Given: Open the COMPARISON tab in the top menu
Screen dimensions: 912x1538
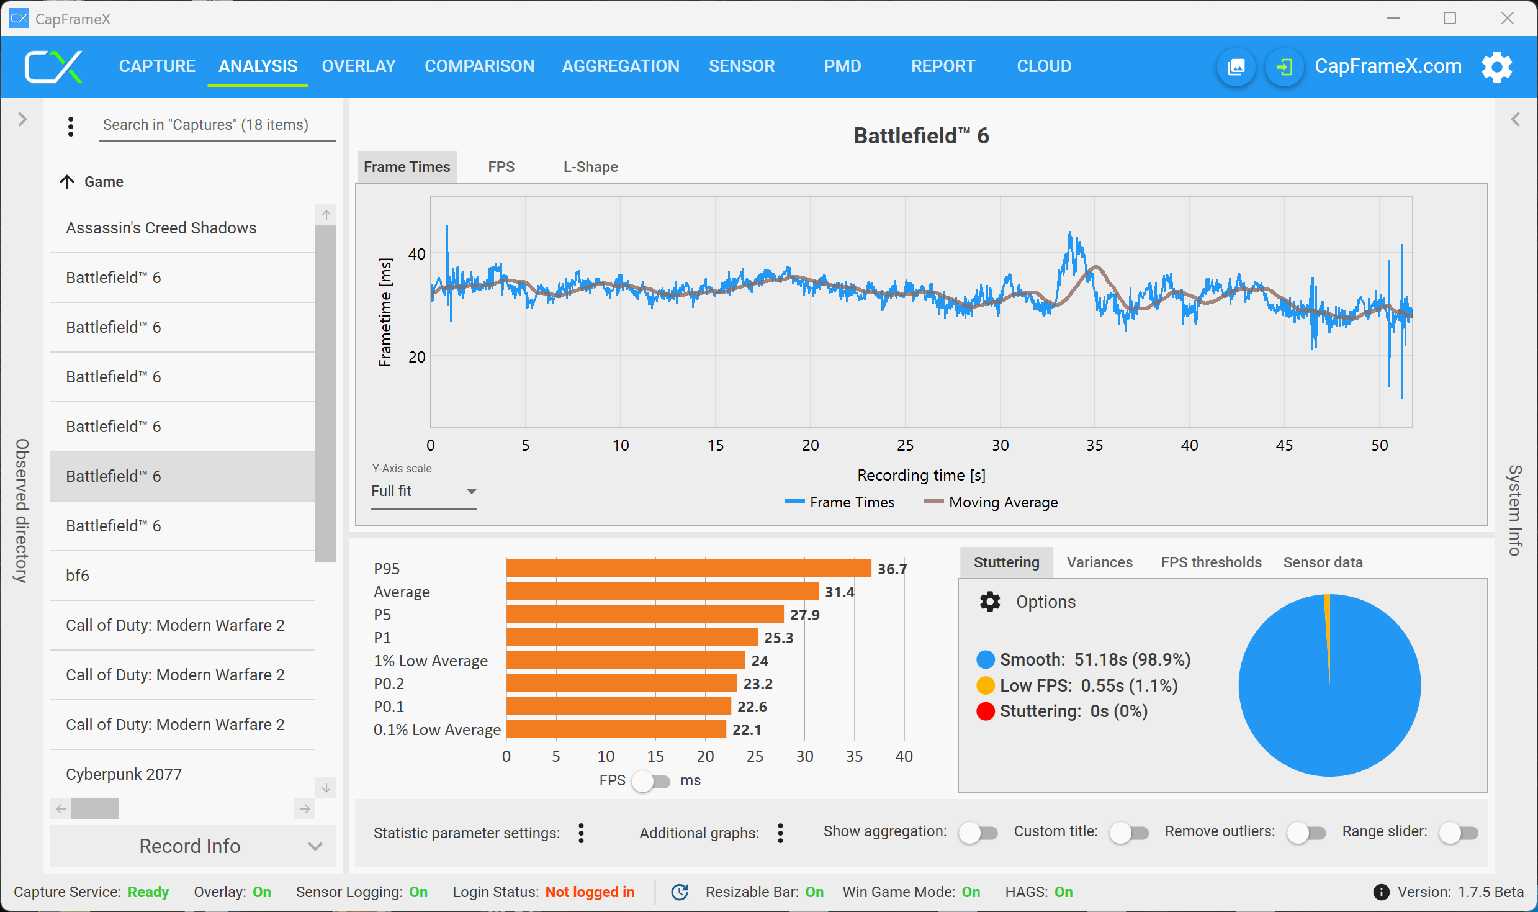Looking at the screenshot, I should click(x=479, y=66).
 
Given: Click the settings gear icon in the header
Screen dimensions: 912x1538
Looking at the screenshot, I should click(x=1496, y=66).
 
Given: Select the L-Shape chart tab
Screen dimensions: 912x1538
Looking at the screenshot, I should click(x=590, y=167).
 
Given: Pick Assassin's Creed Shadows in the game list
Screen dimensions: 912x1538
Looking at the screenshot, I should click(x=161, y=228).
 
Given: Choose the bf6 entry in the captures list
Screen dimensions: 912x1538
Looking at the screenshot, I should click(x=78, y=576).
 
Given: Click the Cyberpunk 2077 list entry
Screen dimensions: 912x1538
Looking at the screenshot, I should click(x=124, y=774).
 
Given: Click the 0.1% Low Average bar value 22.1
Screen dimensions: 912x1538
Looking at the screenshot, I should click(x=746, y=729).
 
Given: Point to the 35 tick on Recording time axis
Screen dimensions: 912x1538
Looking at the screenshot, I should click(x=1094, y=445).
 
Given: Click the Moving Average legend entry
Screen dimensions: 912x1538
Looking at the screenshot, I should click(x=1002, y=502).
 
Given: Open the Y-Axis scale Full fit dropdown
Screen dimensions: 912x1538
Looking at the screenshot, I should click(x=424, y=491).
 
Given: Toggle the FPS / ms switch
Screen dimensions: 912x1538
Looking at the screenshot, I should click(x=651, y=780).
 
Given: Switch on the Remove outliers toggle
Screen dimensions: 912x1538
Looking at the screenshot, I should click(x=1306, y=833).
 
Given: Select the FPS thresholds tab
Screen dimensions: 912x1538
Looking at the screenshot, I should click(x=1211, y=562).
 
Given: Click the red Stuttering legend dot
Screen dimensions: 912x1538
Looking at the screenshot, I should click(x=986, y=711).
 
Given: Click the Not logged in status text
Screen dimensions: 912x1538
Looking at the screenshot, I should click(x=590, y=892).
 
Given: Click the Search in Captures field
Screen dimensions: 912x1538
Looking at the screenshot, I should click(x=217, y=125).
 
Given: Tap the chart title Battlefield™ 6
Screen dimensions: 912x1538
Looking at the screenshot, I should click(x=921, y=136).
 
